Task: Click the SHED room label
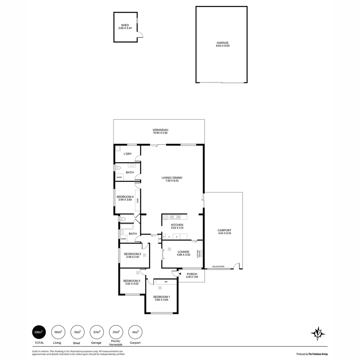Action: (x=125, y=27)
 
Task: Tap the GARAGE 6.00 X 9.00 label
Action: (x=223, y=44)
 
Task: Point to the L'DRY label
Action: (x=127, y=154)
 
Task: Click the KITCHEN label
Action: (x=177, y=227)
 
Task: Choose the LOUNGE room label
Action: (x=183, y=253)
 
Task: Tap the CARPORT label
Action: (x=224, y=232)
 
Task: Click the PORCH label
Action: (x=192, y=276)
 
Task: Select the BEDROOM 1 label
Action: (x=162, y=298)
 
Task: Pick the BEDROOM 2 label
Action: (x=132, y=282)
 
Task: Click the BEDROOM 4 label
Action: (x=125, y=198)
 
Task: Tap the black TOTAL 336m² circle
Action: (x=38, y=332)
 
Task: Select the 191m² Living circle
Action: (x=57, y=332)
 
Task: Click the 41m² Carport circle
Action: (x=135, y=332)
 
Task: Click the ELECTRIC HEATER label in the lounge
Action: (x=199, y=254)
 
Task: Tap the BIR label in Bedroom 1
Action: (x=166, y=282)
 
